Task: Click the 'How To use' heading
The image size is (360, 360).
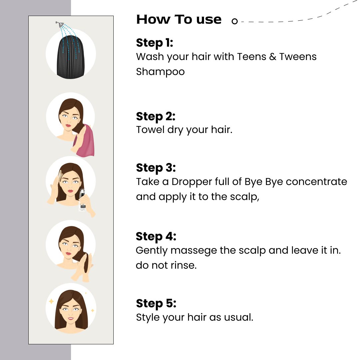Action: (179, 20)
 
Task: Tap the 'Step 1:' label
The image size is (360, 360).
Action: (155, 43)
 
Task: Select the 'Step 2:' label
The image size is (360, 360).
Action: (156, 116)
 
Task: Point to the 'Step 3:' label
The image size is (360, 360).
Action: (156, 168)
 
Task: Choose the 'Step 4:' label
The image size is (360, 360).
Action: (156, 236)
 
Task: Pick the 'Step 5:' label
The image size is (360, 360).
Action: (156, 304)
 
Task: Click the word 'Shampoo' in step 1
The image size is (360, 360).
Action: (160, 72)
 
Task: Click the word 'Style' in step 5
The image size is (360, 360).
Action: (149, 318)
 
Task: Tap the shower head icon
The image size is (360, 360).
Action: (60, 24)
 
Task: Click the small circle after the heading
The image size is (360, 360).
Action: (234, 21)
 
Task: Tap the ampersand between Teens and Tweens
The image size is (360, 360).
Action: (273, 57)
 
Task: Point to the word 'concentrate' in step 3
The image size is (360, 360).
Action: (316, 182)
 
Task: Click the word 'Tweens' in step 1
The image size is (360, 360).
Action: (298, 57)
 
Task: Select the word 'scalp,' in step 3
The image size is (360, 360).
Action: (245, 197)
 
